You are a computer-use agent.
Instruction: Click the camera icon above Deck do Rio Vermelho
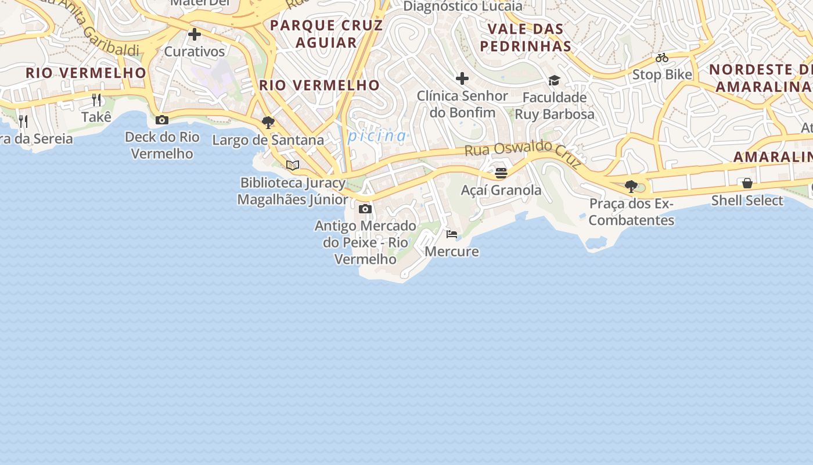pyautogui.click(x=162, y=120)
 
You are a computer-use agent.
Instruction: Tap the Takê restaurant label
pyautogui.click(x=96, y=117)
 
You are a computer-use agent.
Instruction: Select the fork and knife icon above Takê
pyautogui.click(x=96, y=100)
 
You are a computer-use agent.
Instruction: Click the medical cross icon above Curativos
pyautogui.click(x=195, y=34)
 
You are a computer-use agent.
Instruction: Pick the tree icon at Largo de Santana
pyautogui.click(x=268, y=123)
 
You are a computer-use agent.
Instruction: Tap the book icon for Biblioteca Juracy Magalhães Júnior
pyautogui.click(x=293, y=166)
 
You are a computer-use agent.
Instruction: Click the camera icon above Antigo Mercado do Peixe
pyautogui.click(x=365, y=209)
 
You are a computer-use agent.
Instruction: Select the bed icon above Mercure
pyautogui.click(x=452, y=234)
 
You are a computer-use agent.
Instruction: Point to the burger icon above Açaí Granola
pyautogui.click(x=501, y=173)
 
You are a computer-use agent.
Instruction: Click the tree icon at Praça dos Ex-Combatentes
pyautogui.click(x=631, y=187)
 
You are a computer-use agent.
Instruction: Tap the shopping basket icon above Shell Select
pyautogui.click(x=747, y=184)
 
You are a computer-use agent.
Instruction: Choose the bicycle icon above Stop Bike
pyautogui.click(x=662, y=58)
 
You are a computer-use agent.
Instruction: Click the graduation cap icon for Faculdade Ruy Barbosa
pyautogui.click(x=555, y=80)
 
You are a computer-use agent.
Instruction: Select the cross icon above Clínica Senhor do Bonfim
pyautogui.click(x=462, y=78)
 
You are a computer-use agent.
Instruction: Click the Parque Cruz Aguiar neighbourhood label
pyautogui.click(x=326, y=34)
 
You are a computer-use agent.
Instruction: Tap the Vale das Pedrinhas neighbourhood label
pyautogui.click(x=526, y=37)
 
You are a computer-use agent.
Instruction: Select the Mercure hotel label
pyautogui.click(x=452, y=252)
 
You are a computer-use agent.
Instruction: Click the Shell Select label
pyautogui.click(x=747, y=201)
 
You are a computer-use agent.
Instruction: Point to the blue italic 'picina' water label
pyautogui.click(x=377, y=136)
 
